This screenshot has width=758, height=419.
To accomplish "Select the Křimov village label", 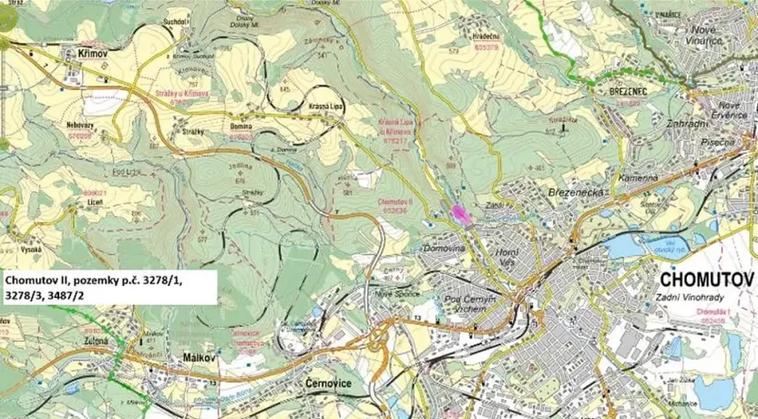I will pyautogui.click(x=80, y=55).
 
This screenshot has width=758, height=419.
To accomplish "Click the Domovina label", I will pyautogui.click(x=445, y=248).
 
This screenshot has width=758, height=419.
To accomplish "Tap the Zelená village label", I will pyautogui.click(x=95, y=340).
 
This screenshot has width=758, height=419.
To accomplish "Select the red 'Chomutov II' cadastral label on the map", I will pyautogui.click(x=397, y=200).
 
